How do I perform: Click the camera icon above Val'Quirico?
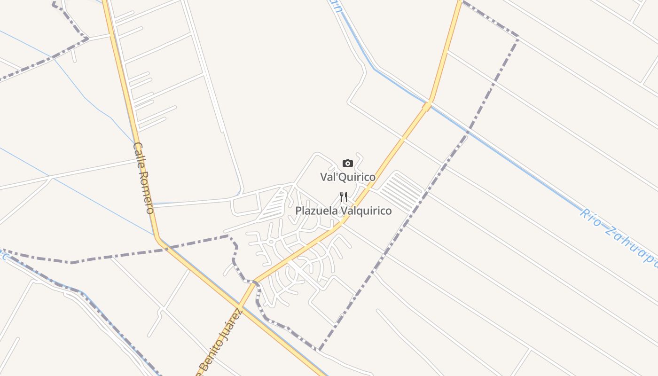(348, 164)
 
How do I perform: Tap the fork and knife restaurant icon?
(344, 197)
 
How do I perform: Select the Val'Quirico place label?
(348, 177)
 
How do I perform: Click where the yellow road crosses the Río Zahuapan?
(427, 106)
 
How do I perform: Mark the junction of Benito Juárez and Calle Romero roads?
(240, 308)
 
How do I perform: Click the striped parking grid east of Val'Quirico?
(400, 192)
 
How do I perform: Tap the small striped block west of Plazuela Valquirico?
(273, 207)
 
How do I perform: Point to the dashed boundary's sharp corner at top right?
(518, 36)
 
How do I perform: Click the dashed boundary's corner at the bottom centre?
(320, 350)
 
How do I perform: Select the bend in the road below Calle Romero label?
(158, 239)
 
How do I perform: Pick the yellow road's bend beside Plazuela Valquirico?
(343, 222)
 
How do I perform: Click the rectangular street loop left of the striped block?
(245, 205)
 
